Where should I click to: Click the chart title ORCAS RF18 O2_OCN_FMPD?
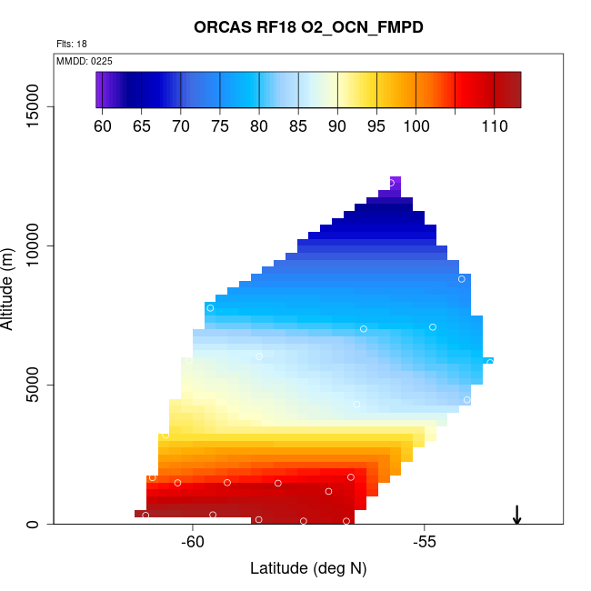click(308, 27)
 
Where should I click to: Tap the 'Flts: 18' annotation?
click(71, 44)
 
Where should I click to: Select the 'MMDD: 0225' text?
click(85, 61)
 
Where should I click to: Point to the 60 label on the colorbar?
click(103, 126)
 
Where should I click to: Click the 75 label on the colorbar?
click(220, 126)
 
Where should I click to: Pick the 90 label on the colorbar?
click(337, 126)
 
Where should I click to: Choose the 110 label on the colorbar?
click(494, 126)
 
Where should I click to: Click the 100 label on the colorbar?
click(416, 126)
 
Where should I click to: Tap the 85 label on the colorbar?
click(298, 126)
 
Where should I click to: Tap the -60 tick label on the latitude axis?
click(193, 543)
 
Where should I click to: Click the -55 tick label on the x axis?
click(425, 543)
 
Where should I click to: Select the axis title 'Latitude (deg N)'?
click(308, 569)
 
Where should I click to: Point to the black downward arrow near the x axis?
click(516, 515)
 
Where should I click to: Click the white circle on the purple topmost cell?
click(392, 183)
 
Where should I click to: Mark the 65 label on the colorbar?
click(142, 126)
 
